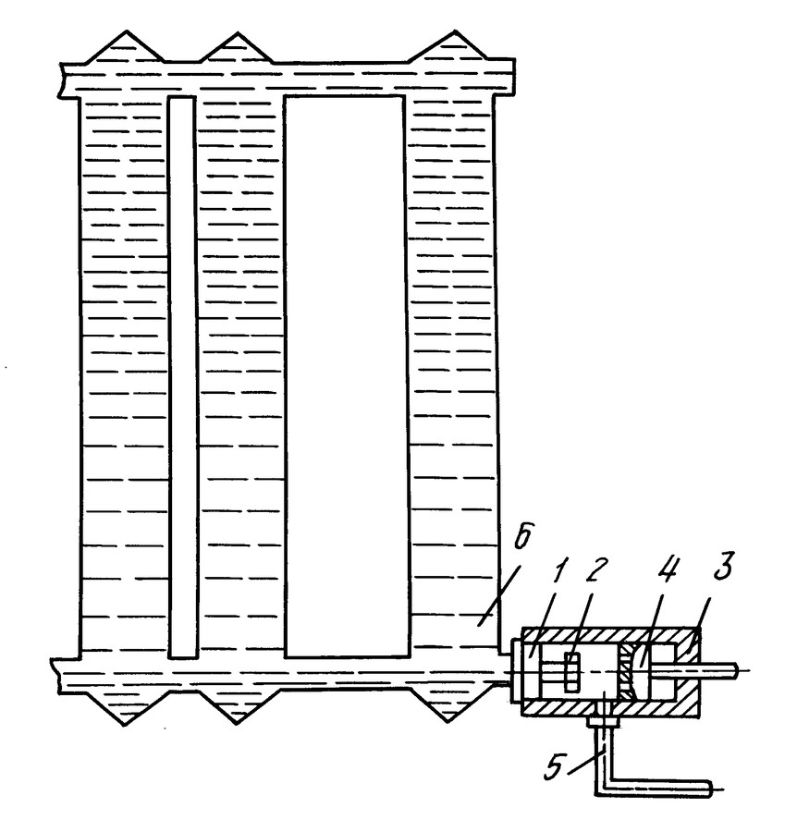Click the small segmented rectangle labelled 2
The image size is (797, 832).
(x=571, y=672)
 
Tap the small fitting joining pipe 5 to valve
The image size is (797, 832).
(x=601, y=722)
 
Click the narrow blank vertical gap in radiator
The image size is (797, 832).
(x=182, y=377)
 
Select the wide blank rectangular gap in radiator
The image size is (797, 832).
(x=347, y=376)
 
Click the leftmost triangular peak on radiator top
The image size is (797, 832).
(x=126, y=31)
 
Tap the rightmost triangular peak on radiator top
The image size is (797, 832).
(x=455, y=31)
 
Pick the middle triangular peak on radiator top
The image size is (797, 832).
(x=236, y=33)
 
